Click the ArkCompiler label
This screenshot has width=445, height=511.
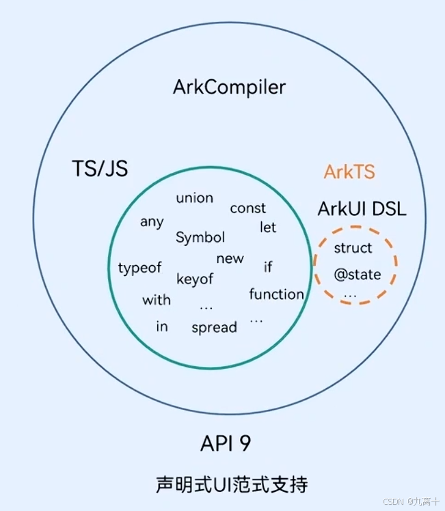click(229, 87)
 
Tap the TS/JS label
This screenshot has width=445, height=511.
click(100, 168)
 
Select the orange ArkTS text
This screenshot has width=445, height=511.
click(349, 171)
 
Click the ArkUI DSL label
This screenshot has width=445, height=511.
click(362, 208)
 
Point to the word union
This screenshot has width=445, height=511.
click(195, 198)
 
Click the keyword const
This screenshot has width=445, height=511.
click(247, 208)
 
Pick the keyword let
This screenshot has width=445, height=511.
click(268, 227)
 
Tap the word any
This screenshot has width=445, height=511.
click(152, 222)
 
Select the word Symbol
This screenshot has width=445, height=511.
click(200, 238)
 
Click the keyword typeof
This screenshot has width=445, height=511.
click(139, 268)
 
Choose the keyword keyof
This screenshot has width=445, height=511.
click(195, 279)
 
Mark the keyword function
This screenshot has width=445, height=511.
click(276, 294)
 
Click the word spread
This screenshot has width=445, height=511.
click(214, 328)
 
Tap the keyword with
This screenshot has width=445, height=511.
click(157, 300)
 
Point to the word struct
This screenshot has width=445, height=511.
click(353, 248)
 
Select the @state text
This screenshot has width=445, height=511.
click(357, 275)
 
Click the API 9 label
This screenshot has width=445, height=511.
click(226, 443)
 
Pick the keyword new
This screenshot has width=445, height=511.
click(230, 259)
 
